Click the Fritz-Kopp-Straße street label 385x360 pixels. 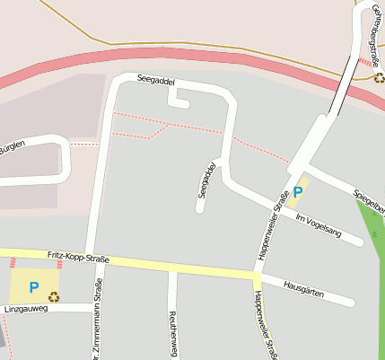tap(78, 259)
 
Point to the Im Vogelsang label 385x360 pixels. tap(319, 225)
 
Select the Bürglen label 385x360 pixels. tap(11, 148)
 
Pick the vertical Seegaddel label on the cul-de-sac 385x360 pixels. tap(206, 180)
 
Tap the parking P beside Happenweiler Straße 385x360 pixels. tap(298, 191)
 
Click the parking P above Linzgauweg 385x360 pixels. tap(34, 287)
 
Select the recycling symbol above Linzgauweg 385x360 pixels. tap(54, 295)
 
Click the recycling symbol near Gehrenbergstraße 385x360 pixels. tap(379, 78)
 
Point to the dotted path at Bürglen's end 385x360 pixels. tap(83, 144)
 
